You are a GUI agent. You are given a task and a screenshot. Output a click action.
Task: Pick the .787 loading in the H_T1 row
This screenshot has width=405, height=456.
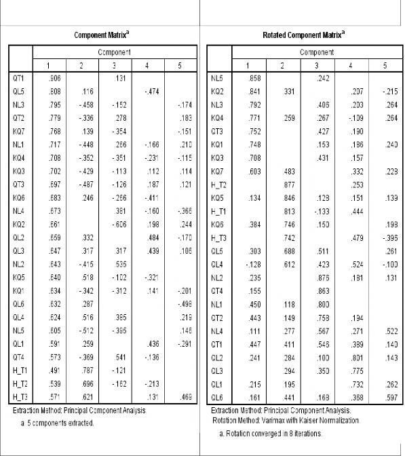pos(83,372)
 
